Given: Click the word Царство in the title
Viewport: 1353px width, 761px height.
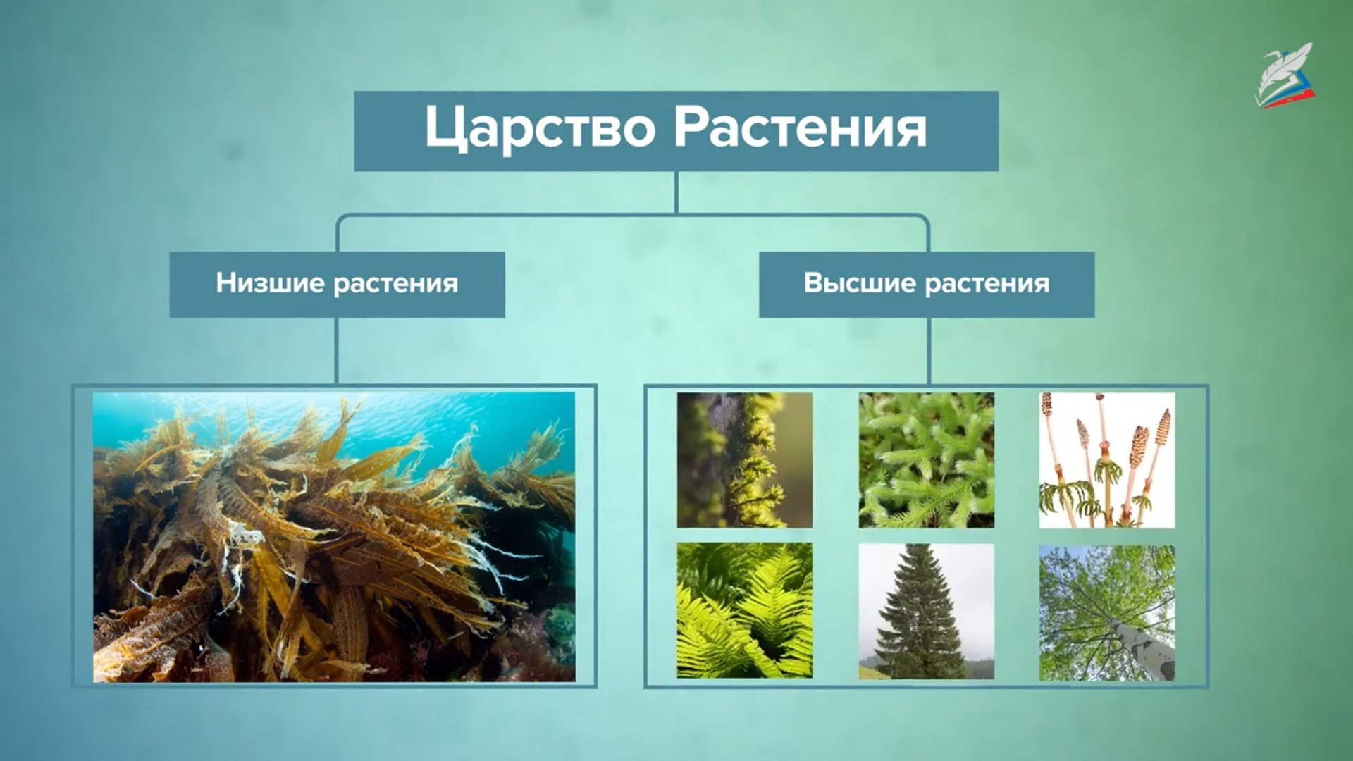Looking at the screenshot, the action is point(539,129).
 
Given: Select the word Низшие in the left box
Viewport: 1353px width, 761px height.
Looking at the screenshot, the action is point(270,283).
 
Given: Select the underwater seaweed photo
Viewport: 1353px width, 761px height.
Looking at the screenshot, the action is point(334,537).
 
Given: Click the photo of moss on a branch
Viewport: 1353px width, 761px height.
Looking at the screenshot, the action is point(744,460).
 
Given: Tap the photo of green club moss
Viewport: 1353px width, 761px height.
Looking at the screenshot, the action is point(926,460).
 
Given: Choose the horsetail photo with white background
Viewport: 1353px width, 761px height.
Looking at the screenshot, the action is point(1106,460).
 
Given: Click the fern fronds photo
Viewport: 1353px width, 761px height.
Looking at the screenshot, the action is point(744,610).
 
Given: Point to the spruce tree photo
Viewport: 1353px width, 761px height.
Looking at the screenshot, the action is point(926,611).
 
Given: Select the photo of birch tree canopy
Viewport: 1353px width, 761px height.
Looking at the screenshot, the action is point(1106,612).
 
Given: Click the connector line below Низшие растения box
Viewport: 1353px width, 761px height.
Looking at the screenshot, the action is point(336,351).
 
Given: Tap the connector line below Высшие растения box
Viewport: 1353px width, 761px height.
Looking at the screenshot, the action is point(928,351).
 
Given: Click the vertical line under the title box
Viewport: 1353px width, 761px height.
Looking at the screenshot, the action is point(676,192).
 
